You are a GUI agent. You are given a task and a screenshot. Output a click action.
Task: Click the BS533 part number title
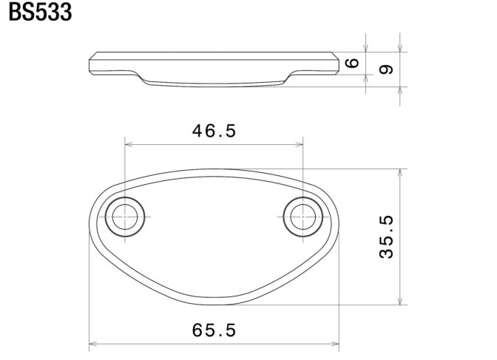point(40,12)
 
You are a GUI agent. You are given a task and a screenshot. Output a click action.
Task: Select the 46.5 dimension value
point(214,131)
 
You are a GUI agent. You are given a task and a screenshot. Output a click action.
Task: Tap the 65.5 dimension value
point(214,330)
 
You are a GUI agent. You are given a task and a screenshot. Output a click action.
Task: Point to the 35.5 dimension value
point(386,237)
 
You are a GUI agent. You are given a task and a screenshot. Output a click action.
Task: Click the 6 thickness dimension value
point(352,63)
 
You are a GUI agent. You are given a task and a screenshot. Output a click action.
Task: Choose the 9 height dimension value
point(386,69)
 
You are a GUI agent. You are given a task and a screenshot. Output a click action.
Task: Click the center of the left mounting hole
point(125,217)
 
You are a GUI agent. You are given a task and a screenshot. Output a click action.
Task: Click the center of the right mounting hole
point(303,217)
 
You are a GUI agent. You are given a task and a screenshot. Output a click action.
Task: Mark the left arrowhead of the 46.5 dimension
point(129,144)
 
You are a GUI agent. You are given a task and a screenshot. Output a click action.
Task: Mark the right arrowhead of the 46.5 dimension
point(299,144)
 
